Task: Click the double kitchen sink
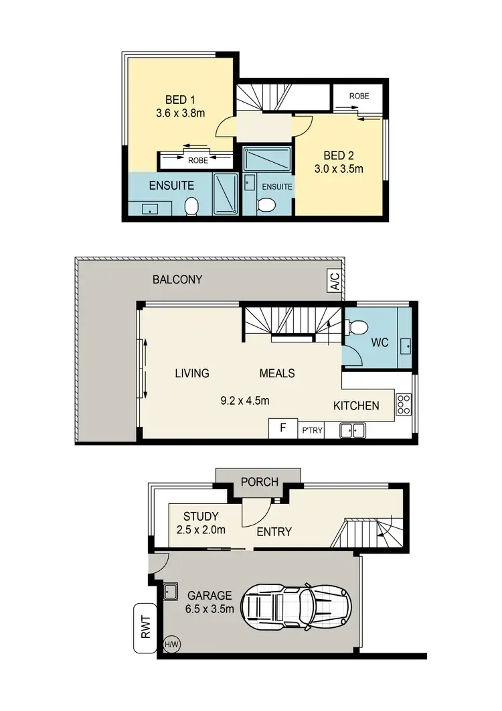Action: click(352, 430)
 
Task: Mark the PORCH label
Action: click(258, 482)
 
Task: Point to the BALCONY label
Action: click(177, 279)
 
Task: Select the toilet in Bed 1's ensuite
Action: click(191, 206)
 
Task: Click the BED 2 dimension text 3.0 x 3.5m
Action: click(339, 169)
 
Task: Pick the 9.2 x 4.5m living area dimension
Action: click(244, 401)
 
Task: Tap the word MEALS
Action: click(277, 373)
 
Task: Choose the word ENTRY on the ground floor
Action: click(274, 532)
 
